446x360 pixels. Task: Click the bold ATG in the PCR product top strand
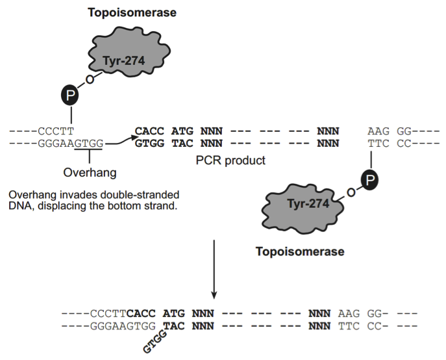[182, 131]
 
